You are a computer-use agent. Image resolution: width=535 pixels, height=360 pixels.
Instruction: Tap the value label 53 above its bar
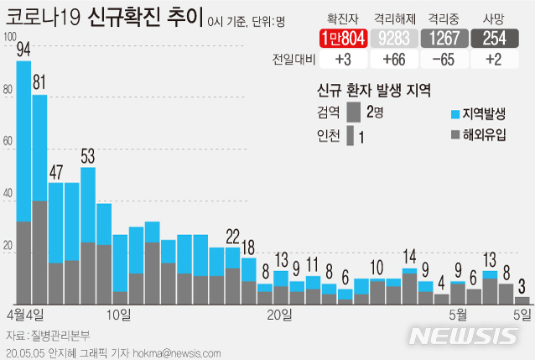[x=87, y=154]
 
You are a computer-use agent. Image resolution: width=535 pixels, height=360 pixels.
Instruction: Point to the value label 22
[x=232, y=234]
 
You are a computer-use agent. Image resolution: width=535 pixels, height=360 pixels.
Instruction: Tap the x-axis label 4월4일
[x=25, y=315]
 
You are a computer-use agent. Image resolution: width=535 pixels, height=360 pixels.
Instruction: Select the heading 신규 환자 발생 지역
[x=373, y=90]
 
